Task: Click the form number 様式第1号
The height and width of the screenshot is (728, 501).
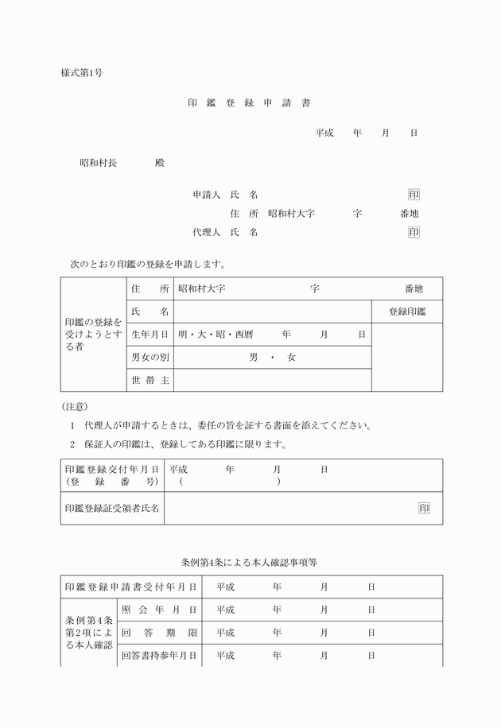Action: coord(81,73)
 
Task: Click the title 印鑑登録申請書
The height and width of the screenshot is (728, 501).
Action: coord(249,103)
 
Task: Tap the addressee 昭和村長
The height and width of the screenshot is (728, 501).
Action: coord(98,163)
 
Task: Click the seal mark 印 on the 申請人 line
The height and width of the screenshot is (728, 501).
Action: coord(414,195)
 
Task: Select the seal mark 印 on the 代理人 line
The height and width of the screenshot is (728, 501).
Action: coord(414,232)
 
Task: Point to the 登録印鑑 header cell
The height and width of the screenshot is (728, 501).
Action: coord(407,312)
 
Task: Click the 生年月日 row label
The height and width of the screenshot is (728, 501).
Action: coord(150,335)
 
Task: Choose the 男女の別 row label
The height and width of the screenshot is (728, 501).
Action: coord(150,358)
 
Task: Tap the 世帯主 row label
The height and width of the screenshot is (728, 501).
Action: coord(150,381)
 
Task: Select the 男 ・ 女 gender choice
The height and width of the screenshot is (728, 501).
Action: coord(272,358)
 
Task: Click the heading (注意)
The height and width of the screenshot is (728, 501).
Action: coord(74,406)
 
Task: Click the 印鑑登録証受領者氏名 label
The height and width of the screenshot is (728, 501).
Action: coord(112,508)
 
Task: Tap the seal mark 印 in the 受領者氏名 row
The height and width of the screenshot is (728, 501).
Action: coord(424,508)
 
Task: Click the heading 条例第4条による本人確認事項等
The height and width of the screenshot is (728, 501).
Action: coord(249,562)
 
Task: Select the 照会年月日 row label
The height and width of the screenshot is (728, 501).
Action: coord(159,610)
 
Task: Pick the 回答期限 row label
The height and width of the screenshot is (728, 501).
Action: coord(159,633)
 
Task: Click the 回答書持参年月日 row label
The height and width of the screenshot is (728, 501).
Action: coord(159,656)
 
